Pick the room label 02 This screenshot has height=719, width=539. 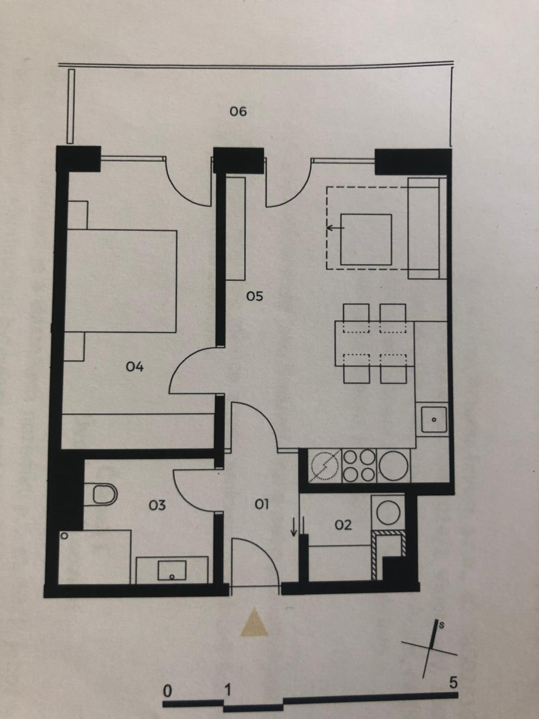(343, 525)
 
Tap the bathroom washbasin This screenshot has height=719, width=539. (172, 570)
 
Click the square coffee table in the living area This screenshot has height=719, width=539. (366, 240)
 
